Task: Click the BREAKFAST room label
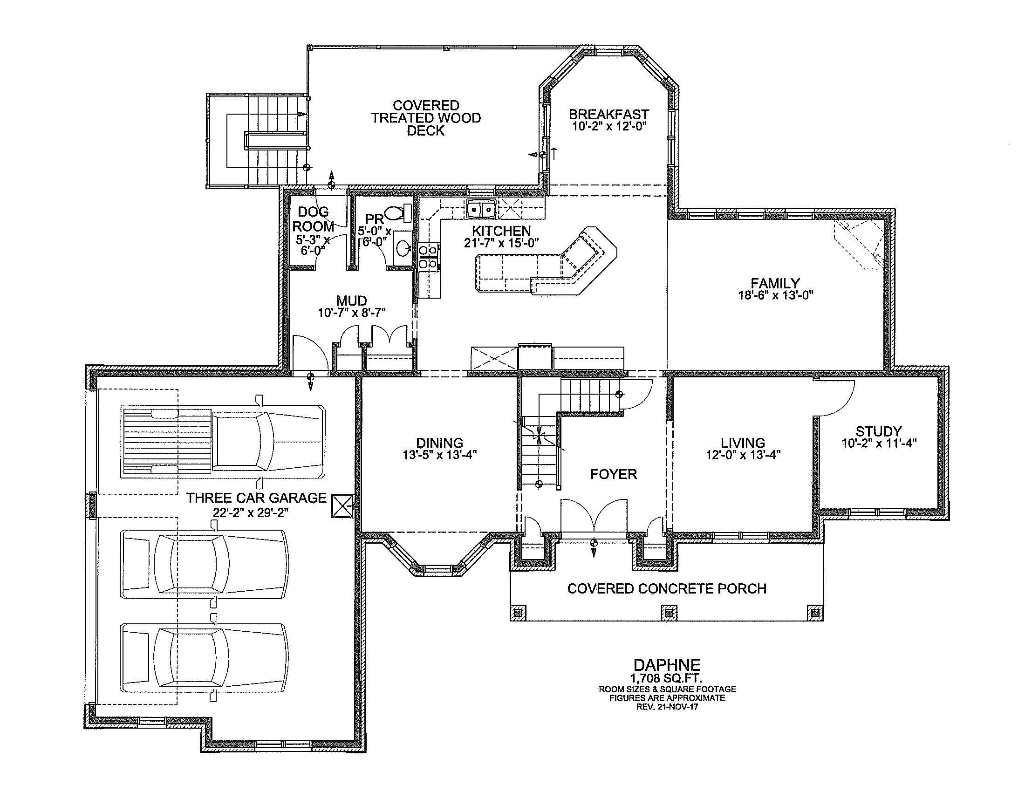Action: [609, 115]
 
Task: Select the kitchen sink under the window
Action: [481, 208]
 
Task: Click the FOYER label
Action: [614, 474]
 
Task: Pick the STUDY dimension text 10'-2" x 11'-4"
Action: [879, 444]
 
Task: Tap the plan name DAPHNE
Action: [667, 665]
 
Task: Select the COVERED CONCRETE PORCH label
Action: [666, 589]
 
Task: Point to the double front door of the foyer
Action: [594, 516]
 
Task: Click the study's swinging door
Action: [834, 398]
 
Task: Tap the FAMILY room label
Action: [775, 283]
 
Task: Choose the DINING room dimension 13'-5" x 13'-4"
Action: [440, 455]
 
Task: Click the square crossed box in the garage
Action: [342, 506]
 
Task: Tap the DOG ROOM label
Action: [314, 219]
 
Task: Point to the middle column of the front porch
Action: [669, 613]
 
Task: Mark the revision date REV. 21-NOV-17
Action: [667, 707]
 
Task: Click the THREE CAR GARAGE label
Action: [256, 498]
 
